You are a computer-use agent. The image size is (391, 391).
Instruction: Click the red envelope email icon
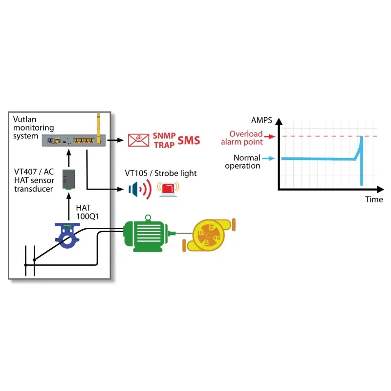point(138,140)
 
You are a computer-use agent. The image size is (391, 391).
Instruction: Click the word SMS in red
point(189,141)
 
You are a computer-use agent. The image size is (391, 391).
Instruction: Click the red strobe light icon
point(168,189)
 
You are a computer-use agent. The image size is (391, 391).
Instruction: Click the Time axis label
point(374,199)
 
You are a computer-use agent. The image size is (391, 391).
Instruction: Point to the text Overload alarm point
point(241,138)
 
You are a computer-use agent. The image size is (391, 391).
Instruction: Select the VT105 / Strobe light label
point(161,173)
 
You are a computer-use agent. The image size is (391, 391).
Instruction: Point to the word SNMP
point(164,136)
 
